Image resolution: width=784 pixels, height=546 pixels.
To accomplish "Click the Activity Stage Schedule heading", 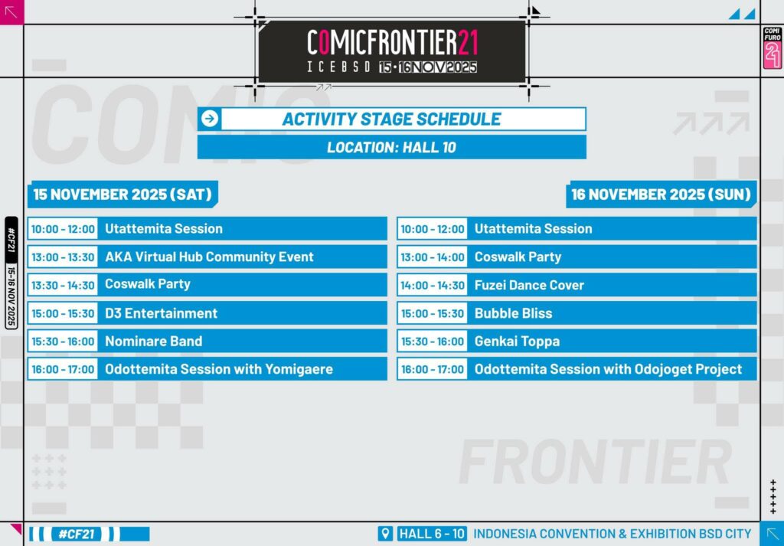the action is pyautogui.click(x=391, y=119).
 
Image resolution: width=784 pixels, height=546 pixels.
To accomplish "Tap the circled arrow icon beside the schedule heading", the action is pyautogui.click(x=210, y=119).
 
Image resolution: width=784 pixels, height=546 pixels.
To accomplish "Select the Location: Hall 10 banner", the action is pyautogui.click(x=391, y=147).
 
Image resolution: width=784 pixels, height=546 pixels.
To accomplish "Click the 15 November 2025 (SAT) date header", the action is pyautogui.click(x=122, y=194).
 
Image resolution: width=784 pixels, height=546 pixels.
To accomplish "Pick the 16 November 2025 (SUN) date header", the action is pyautogui.click(x=661, y=194).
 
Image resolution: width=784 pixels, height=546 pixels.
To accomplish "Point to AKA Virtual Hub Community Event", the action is pyautogui.click(x=209, y=257).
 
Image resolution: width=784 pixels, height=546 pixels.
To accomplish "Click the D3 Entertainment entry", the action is pyautogui.click(x=161, y=313).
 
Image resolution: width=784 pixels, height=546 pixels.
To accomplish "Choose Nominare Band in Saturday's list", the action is pyautogui.click(x=153, y=341).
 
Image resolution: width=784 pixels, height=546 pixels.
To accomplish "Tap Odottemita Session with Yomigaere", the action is pyautogui.click(x=218, y=369).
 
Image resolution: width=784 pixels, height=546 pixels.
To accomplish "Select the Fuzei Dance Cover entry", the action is pyautogui.click(x=529, y=285).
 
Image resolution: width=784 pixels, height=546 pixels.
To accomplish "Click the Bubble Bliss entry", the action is pyautogui.click(x=513, y=313).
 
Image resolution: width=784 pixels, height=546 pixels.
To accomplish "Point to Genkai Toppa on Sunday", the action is pyautogui.click(x=517, y=342).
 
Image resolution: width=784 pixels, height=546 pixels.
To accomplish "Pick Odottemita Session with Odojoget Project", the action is pyautogui.click(x=608, y=369).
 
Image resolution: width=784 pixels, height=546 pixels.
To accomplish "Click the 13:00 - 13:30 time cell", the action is pyautogui.click(x=63, y=257).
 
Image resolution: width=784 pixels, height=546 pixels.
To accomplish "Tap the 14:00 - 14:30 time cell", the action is pyautogui.click(x=433, y=285).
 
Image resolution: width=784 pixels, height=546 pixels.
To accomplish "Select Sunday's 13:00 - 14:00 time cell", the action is pyautogui.click(x=433, y=257).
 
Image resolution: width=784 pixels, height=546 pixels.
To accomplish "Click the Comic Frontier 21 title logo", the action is pyautogui.click(x=392, y=51).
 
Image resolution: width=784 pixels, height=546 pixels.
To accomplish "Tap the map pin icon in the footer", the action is pyautogui.click(x=384, y=534).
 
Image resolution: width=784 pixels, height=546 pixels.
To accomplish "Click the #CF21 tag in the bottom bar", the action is pyautogui.click(x=77, y=534).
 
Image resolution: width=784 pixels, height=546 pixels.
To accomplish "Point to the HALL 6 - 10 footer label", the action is pyautogui.click(x=432, y=534).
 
